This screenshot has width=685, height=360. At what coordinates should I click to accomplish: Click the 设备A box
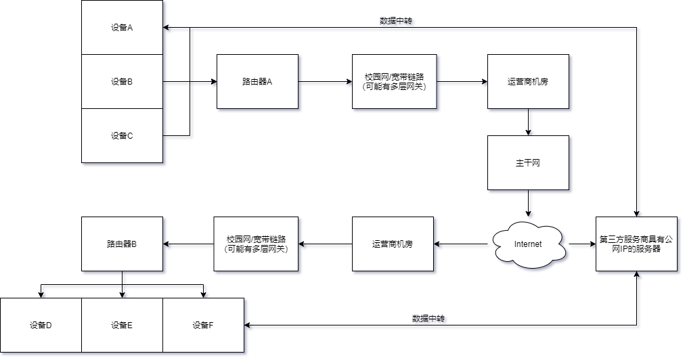coord(122,28)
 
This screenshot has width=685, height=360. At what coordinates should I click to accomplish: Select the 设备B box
coord(122,82)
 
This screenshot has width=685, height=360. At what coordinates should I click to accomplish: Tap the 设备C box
coord(122,136)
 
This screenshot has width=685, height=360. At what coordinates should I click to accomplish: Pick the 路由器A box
coord(257,82)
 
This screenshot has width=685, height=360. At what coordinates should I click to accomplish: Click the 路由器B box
coord(122,244)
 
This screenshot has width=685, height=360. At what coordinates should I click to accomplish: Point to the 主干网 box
coord(528,163)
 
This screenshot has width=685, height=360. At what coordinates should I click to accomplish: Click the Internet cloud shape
coord(528,244)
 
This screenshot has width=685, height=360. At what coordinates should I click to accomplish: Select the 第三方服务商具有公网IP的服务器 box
coord(636,244)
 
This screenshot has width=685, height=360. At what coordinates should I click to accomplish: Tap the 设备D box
coord(41,325)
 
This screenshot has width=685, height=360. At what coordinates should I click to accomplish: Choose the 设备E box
coord(122,325)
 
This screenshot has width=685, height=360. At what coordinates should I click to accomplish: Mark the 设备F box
coord(203,325)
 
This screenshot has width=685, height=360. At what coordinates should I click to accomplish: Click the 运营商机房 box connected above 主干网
coord(528,82)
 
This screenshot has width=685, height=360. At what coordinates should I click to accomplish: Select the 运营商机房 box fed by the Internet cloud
coord(393,244)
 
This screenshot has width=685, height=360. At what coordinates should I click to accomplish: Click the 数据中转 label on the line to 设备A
coord(397,22)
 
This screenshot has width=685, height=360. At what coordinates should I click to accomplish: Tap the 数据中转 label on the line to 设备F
coord(430,319)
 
